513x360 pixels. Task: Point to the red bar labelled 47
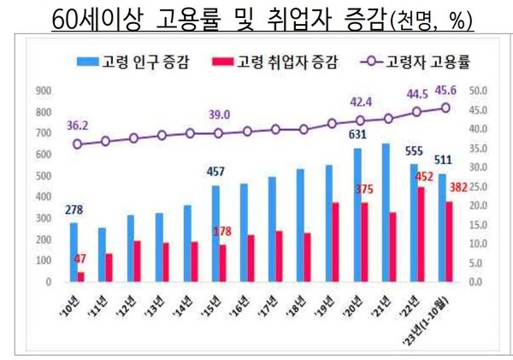(x=81, y=276)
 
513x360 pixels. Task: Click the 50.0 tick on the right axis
(x=480, y=90)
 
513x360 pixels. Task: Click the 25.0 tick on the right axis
(x=480, y=186)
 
